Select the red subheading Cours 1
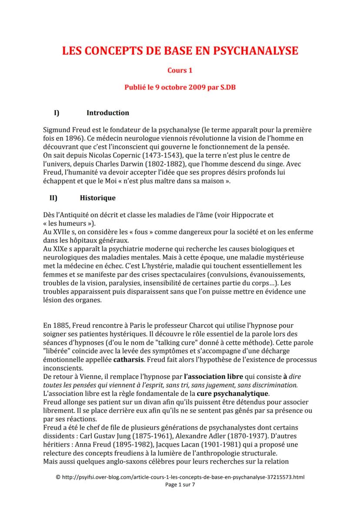pos(180,70)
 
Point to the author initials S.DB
pos(227,86)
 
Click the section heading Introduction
pos(108,113)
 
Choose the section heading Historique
pos(98,198)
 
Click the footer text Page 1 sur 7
pos(180,485)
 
